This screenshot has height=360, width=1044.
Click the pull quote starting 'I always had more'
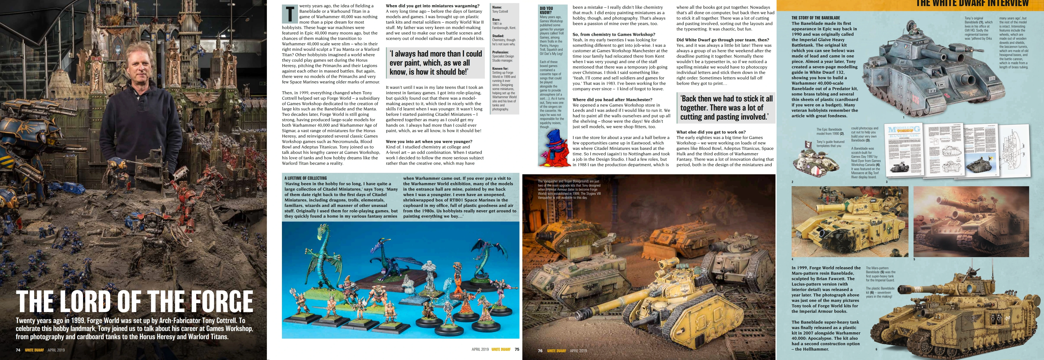[436, 63]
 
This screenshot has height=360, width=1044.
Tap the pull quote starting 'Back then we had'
[726, 108]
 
